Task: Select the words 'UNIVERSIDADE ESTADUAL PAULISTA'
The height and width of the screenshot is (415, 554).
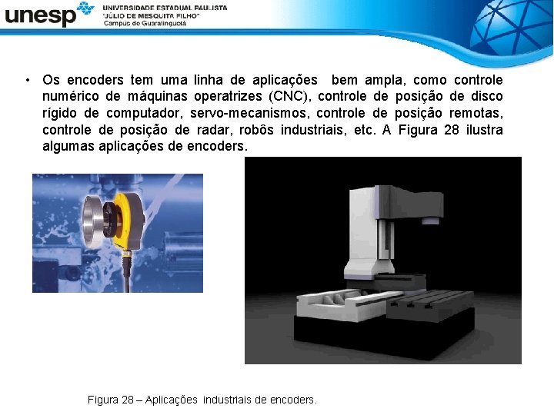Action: (165, 7)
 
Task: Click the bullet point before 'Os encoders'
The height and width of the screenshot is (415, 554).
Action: (27, 80)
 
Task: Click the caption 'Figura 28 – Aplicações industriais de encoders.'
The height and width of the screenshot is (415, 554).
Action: (202, 400)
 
